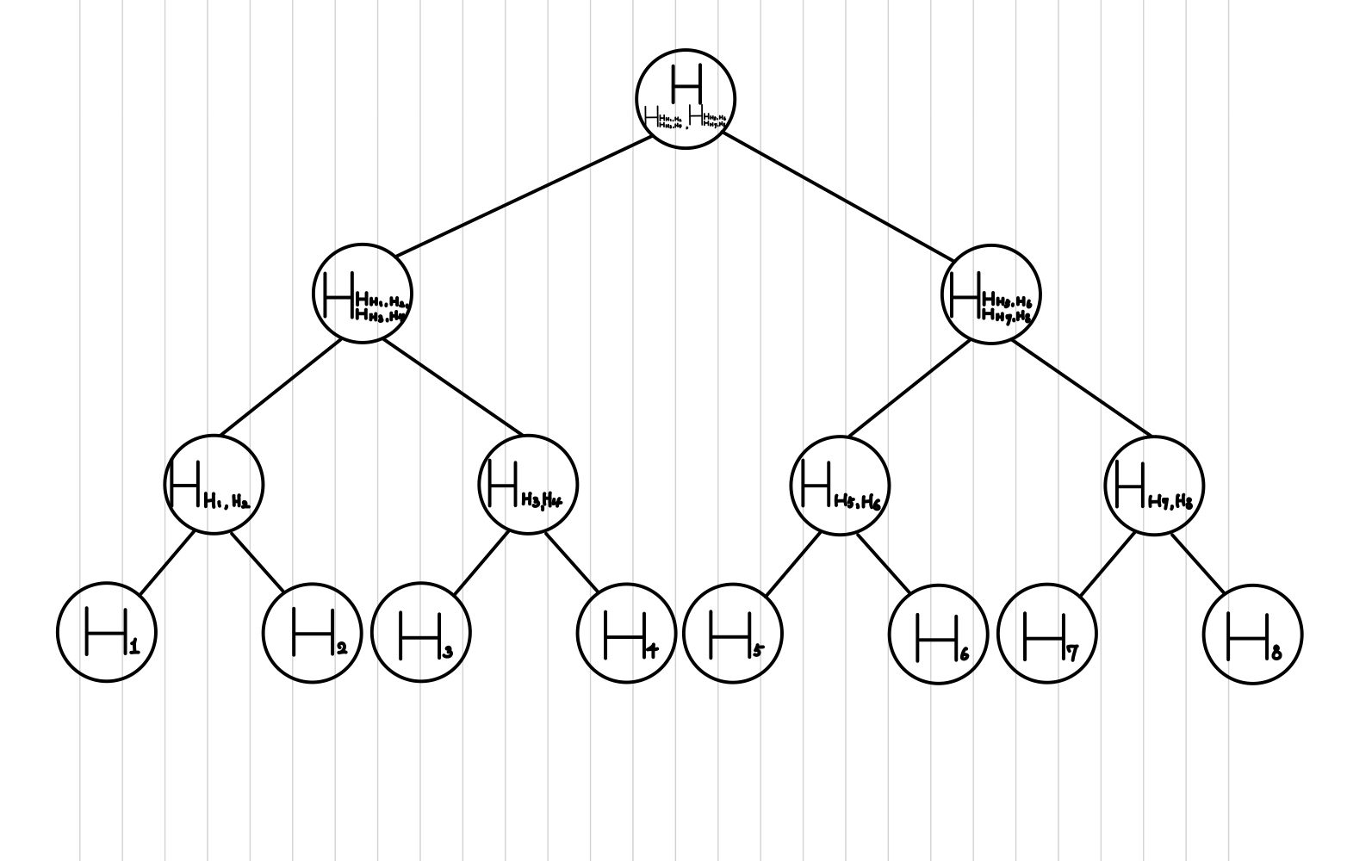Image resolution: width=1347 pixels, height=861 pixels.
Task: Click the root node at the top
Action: [x=686, y=98]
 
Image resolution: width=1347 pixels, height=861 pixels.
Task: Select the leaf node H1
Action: [x=107, y=632]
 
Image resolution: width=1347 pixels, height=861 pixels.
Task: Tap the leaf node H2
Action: [x=312, y=632]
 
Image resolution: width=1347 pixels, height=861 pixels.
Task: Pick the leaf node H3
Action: [x=421, y=632]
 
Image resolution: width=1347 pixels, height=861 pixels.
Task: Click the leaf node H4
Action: [x=626, y=633]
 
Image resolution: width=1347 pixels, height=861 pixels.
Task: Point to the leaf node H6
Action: [x=938, y=634]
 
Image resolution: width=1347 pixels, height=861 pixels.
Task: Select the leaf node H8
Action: [x=1252, y=634]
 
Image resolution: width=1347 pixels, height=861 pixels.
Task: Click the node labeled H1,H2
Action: [x=214, y=484]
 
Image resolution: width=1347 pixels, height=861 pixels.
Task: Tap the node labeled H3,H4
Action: [x=528, y=484]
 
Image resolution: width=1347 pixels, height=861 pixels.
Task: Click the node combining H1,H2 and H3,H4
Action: [x=363, y=294]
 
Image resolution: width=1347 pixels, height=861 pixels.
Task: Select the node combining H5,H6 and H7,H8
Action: [x=991, y=294]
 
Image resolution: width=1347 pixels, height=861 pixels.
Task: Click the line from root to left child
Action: [x=524, y=195]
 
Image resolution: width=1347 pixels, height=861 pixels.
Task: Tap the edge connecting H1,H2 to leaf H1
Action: [x=167, y=563]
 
